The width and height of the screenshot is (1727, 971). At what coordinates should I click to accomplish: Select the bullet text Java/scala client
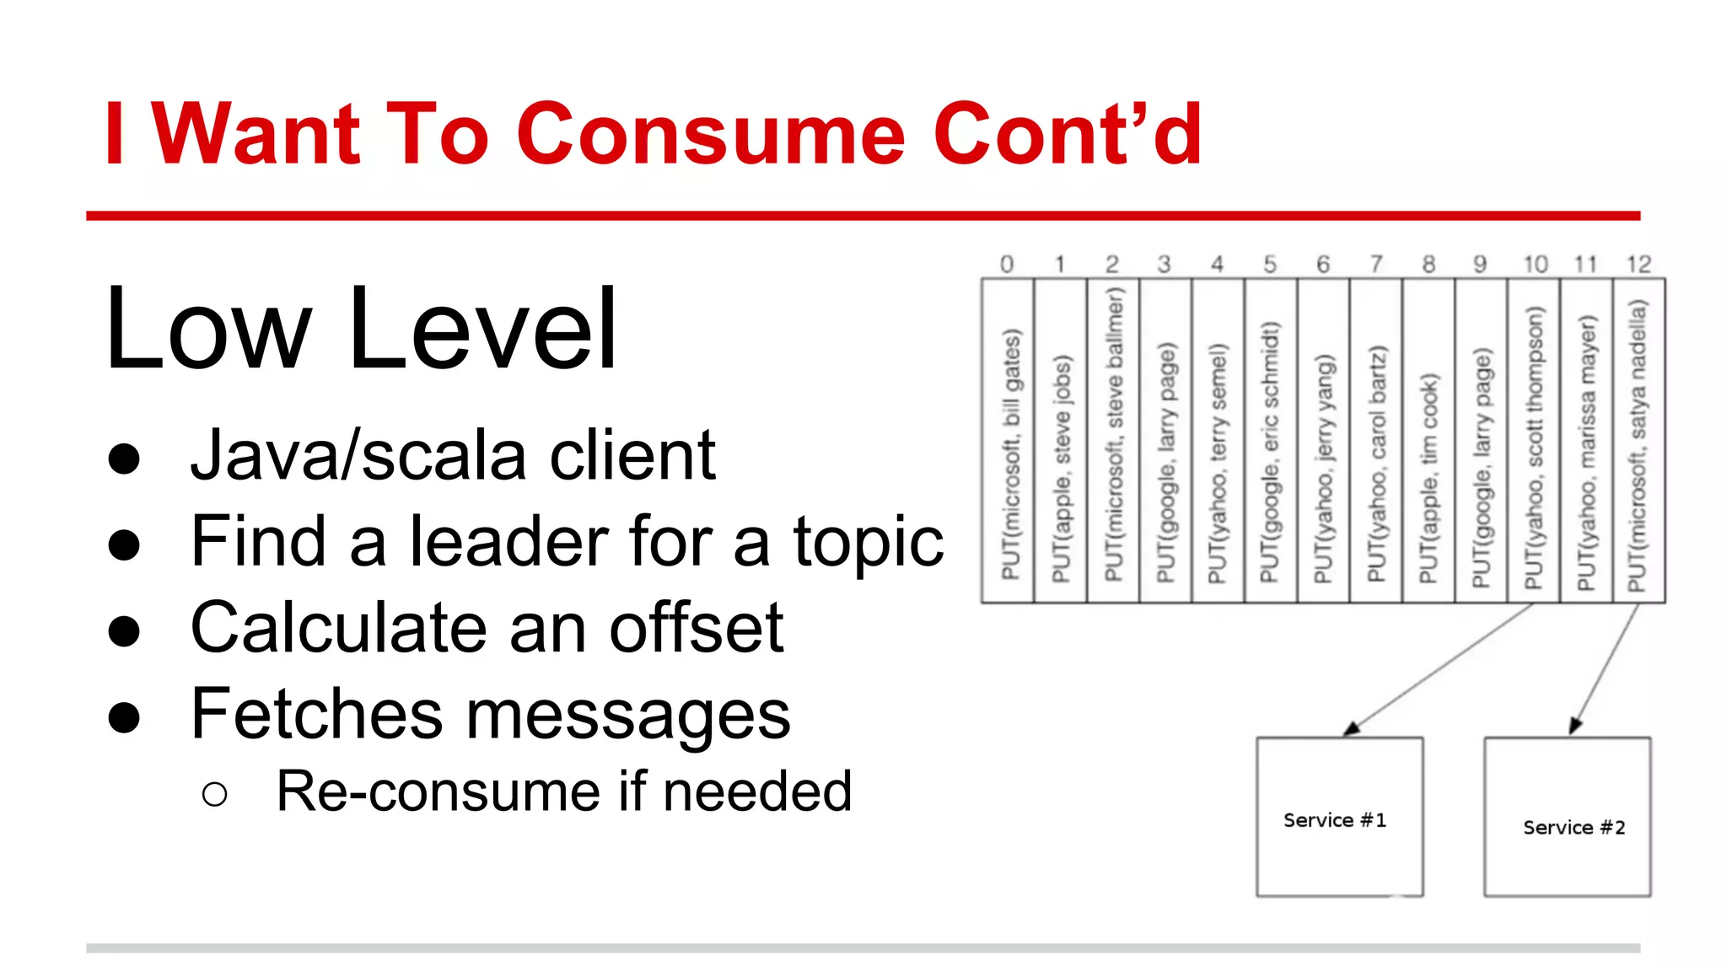click(453, 456)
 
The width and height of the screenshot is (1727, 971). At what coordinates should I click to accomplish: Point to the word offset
click(697, 628)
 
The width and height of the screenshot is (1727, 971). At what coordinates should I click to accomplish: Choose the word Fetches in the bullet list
click(316, 715)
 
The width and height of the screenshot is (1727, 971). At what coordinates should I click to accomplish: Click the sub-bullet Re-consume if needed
click(564, 791)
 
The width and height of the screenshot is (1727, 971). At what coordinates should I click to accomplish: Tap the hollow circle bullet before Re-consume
click(215, 794)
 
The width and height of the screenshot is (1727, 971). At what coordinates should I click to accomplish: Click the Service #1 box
click(1339, 817)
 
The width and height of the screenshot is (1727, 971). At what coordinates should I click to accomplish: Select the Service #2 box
click(1567, 817)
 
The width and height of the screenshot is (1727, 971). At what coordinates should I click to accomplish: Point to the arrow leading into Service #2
click(1604, 669)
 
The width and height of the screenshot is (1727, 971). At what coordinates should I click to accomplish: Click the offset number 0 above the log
click(1007, 265)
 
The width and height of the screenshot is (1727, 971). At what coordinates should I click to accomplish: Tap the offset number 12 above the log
click(1638, 265)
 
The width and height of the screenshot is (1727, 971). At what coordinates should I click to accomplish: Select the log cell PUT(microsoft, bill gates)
click(1009, 441)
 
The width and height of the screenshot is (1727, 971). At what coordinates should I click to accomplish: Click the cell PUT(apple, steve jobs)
click(1061, 441)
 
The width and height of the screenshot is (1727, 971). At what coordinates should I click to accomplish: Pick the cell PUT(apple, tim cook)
click(1428, 441)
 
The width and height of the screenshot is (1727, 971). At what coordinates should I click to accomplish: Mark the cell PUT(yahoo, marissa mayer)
click(1586, 441)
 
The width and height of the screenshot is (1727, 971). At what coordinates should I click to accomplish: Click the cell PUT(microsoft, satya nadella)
click(1638, 441)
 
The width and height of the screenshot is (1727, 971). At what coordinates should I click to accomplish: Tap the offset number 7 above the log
click(1376, 265)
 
